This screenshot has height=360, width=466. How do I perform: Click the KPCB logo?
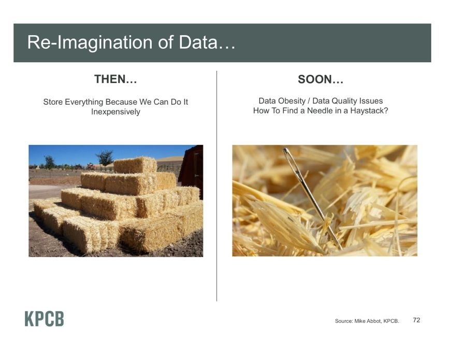pyautogui.click(x=45, y=319)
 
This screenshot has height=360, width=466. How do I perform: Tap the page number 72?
pyautogui.click(x=416, y=320)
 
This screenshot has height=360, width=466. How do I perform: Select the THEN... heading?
pyautogui.click(x=115, y=79)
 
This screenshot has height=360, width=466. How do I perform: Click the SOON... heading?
pyautogui.click(x=321, y=79)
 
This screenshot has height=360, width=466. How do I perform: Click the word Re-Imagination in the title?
pyautogui.click(x=90, y=42)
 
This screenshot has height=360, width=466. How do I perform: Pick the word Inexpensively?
pyautogui.click(x=115, y=112)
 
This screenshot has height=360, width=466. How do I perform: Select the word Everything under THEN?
pyautogui.click(x=84, y=102)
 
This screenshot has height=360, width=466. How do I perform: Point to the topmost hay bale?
pyautogui.click(x=135, y=165)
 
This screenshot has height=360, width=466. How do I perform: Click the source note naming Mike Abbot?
pyautogui.click(x=367, y=321)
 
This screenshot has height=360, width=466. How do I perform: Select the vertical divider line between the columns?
pyautogui.click(x=216, y=186)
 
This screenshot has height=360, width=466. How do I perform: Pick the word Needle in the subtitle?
pyautogui.click(x=320, y=111)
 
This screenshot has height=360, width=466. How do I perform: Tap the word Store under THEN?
pyautogui.click(x=53, y=102)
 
